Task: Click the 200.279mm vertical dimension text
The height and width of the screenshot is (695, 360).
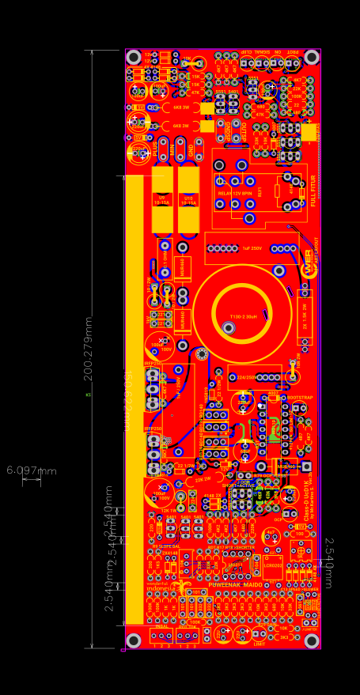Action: click(x=88, y=348)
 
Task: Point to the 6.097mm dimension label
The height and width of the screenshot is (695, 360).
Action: click(x=32, y=470)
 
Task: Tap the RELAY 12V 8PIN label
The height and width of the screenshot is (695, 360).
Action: click(x=235, y=192)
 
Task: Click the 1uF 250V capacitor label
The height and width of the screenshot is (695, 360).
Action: click(x=252, y=248)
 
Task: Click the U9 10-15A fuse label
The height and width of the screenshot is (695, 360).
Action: click(x=163, y=200)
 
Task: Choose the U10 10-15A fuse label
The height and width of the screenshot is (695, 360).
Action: click(x=188, y=200)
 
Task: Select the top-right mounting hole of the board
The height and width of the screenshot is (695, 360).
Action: click(x=312, y=58)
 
